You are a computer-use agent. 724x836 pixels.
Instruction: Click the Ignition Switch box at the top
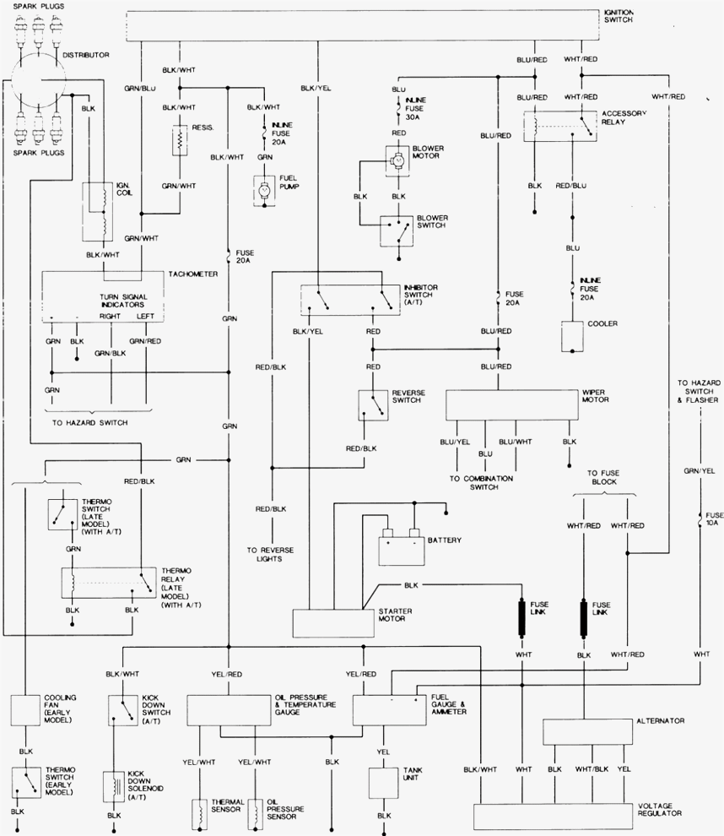(363, 26)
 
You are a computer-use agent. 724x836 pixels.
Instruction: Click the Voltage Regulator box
(552, 816)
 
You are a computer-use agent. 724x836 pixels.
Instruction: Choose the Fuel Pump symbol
(264, 190)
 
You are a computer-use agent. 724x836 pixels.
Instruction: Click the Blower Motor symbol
(395, 157)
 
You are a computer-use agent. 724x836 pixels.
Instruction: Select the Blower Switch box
(395, 229)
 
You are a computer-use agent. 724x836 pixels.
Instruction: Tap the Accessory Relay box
(558, 125)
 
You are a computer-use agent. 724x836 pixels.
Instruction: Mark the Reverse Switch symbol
(371, 404)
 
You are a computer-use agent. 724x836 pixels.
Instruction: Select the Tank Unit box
(384, 781)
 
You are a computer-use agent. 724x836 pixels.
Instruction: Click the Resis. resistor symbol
(179, 140)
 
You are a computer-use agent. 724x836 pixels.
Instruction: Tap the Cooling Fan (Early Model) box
(26, 710)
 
